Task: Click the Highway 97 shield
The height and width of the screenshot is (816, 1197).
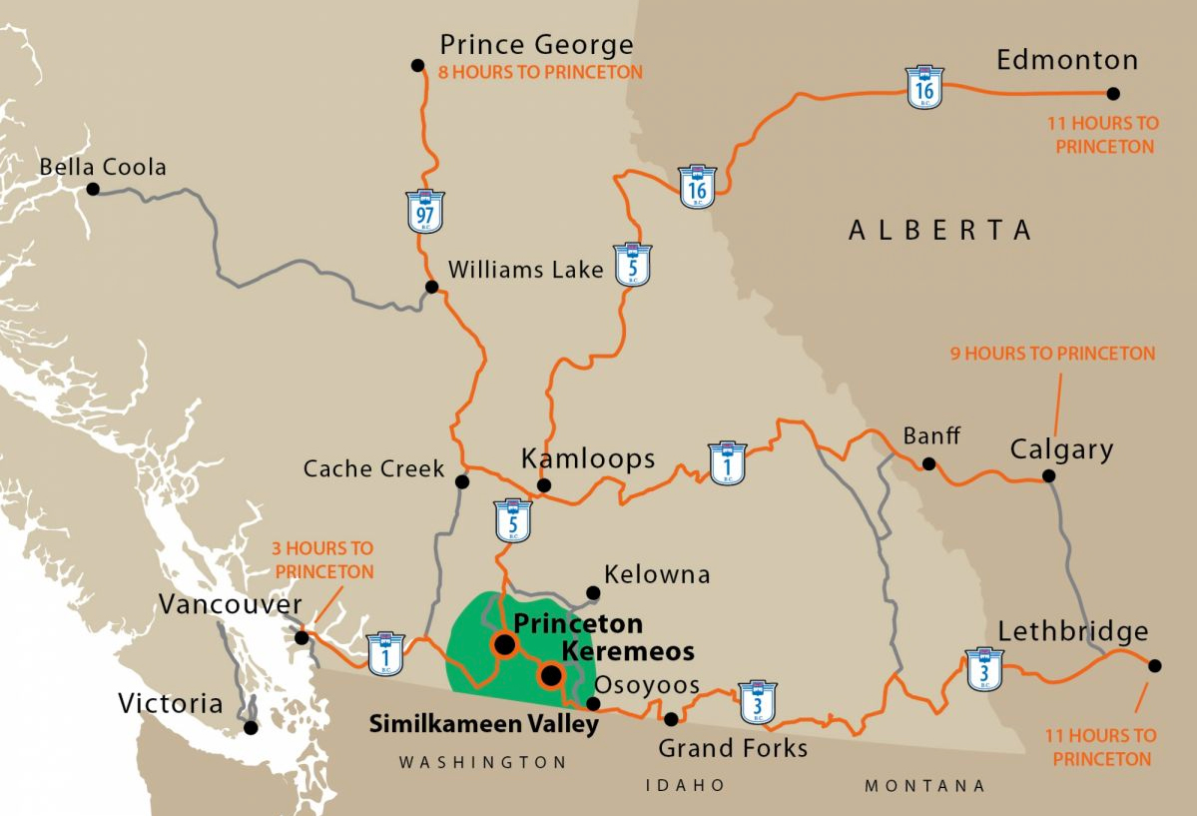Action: [426, 211]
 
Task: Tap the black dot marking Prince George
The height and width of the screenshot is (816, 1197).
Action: [417, 65]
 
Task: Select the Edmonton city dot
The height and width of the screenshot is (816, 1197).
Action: [1113, 94]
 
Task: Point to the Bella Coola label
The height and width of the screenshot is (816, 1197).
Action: [103, 167]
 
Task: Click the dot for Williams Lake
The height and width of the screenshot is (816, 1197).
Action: [431, 287]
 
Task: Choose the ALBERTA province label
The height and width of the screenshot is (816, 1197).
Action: [939, 231]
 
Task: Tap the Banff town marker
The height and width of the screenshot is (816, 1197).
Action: [928, 463]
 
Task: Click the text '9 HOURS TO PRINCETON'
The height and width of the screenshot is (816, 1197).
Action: [1052, 354]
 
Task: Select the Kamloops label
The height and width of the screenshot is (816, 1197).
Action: [588, 458]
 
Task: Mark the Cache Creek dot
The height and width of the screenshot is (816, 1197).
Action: [461, 481]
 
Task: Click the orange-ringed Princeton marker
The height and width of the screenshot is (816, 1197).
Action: [504, 645]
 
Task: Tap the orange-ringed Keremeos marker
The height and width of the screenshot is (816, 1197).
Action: [550, 676]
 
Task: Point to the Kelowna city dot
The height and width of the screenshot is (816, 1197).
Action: [593, 592]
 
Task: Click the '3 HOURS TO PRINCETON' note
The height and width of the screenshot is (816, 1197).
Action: [323, 560]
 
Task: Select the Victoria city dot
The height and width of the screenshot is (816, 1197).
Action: [251, 728]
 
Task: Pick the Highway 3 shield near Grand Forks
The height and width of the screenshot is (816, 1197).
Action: [757, 701]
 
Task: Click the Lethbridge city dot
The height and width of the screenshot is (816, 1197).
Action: [1155, 665]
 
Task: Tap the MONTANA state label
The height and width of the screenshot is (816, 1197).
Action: [924, 786]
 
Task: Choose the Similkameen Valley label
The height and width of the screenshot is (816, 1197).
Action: [484, 724]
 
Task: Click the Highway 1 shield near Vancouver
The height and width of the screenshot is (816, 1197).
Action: [385, 653]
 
